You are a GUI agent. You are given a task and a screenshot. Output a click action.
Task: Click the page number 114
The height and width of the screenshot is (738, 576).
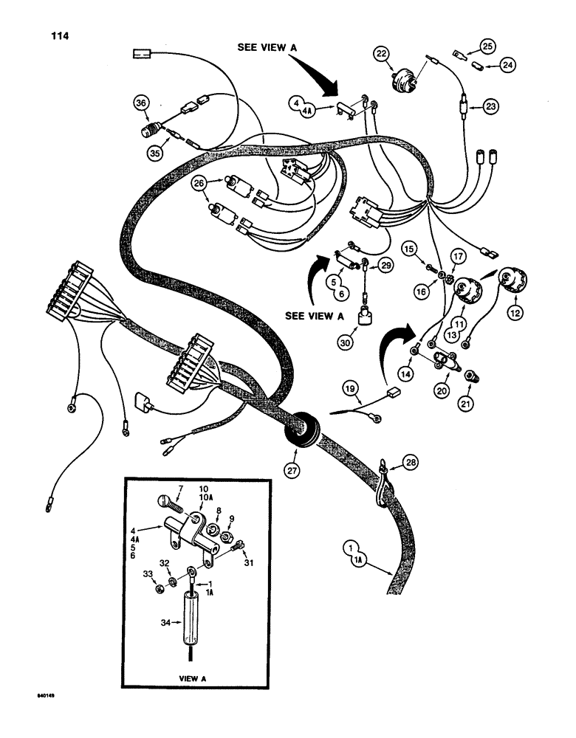(55, 35)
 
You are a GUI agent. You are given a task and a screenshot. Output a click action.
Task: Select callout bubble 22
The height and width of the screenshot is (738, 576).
(381, 54)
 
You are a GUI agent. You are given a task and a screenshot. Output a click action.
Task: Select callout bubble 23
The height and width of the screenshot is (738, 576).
(490, 106)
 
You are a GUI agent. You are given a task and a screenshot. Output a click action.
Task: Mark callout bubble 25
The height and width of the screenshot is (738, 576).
(488, 46)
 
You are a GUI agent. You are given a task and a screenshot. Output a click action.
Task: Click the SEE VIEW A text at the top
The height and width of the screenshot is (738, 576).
(267, 46)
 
